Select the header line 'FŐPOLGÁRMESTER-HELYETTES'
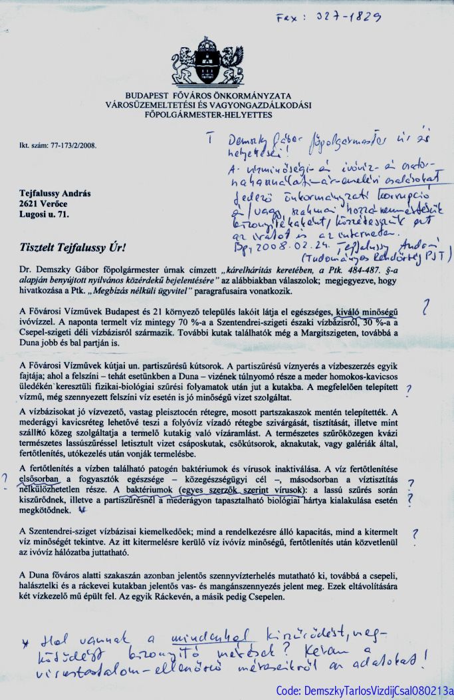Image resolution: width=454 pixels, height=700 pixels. pos(208,114)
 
